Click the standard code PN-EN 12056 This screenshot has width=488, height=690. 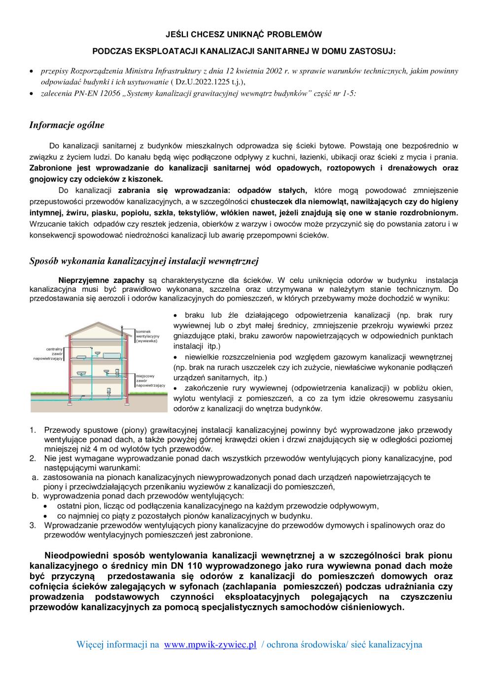point(98,93)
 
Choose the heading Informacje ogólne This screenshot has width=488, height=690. point(67,125)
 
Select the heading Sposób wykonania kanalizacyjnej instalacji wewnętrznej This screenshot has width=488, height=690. point(144,261)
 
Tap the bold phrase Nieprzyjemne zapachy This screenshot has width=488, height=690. point(102,280)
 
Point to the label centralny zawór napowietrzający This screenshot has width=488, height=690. point(48,354)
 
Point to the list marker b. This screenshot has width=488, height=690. point(35,495)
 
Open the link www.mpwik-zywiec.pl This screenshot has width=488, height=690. point(210,645)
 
